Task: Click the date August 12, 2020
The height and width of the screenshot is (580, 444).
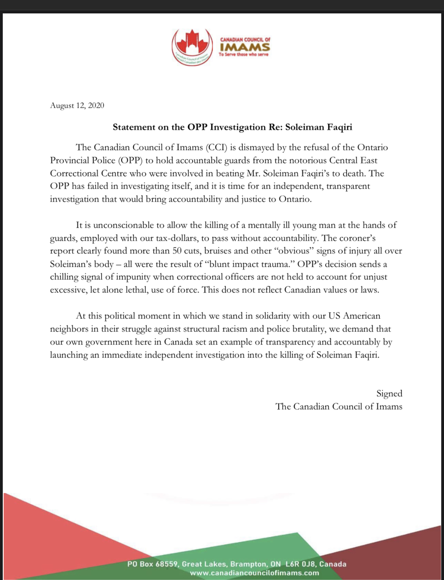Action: pyautogui.click(x=77, y=105)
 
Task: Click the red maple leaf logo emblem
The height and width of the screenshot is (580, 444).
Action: pyautogui.click(x=191, y=47)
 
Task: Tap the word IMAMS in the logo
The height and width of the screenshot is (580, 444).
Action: pyautogui.click(x=245, y=47)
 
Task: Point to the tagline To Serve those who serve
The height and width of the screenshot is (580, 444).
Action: pyautogui.click(x=244, y=54)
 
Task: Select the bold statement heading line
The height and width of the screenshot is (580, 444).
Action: pyautogui.click(x=232, y=127)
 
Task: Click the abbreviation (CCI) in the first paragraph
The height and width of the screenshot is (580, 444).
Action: pyautogui.click(x=216, y=148)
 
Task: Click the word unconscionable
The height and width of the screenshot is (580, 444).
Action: pyautogui.click(x=124, y=225)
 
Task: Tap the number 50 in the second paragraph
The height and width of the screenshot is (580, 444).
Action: pyautogui.click(x=177, y=251)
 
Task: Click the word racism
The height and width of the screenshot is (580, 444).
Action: pyautogui.click(x=232, y=329)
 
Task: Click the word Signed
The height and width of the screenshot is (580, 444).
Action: pyautogui.click(x=389, y=394)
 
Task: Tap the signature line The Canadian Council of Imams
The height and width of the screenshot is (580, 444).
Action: pyautogui.click(x=339, y=407)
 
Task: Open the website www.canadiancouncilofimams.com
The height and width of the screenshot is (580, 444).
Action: pyautogui.click(x=254, y=573)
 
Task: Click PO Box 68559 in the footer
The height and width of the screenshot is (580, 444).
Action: pyautogui.click(x=152, y=564)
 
